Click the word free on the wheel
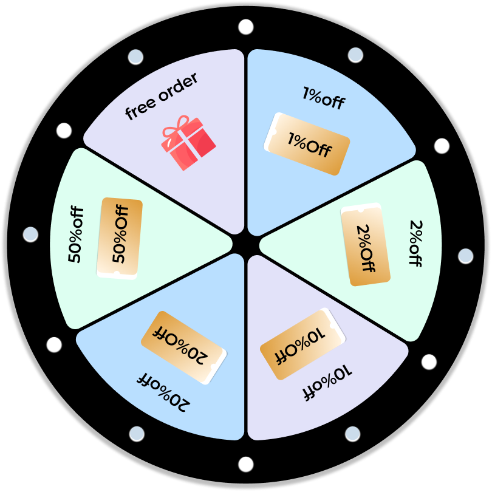(138, 109)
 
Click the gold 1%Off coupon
(307, 145)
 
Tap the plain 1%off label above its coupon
(323, 98)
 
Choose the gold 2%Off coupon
(365, 244)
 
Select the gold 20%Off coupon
(183, 348)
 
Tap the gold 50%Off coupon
(119, 238)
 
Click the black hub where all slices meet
(246, 245)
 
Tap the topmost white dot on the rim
(246, 27)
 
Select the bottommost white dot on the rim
(246, 465)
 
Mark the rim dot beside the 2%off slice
(465, 256)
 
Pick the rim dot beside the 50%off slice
(30, 234)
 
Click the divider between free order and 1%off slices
(246, 140)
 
